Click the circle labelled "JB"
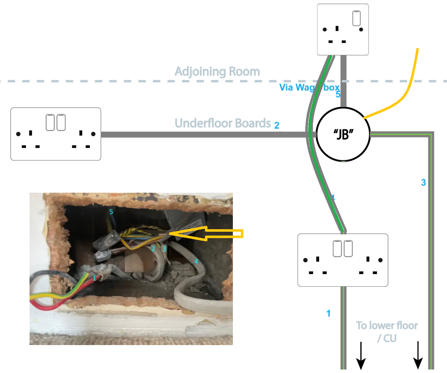pyautogui.click(x=343, y=134)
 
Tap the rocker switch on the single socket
pyautogui.click(x=356, y=18)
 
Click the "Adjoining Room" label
pyautogui.click(x=217, y=72)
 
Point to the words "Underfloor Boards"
pyautogui.click(x=223, y=123)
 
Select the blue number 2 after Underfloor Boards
pyautogui.click(x=277, y=125)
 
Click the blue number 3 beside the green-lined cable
pyautogui.click(x=423, y=183)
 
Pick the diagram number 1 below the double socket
pyautogui.click(x=328, y=314)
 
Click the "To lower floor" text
pyautogui.click(x=387, y=326)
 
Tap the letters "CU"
pyautogui.click(x=390, y=338)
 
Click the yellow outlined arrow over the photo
pyautogui.click(x=207, y=234)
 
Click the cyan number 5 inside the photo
pyautogui.click(x=111, y=212)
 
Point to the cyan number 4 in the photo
pyautogui.click(x=196, y=261)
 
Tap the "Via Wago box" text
pyautogui.click(x=309, y=87)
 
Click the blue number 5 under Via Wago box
pyautogui.click(x=338, y=95)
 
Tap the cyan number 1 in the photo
pyautogui.click(x=94, y=278)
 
